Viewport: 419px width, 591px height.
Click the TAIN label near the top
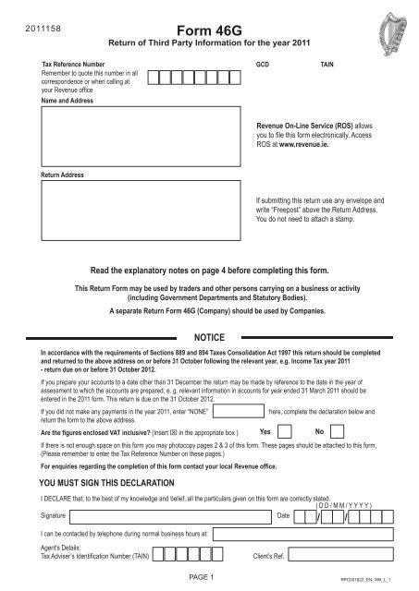point(328,67)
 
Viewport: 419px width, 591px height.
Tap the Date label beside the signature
point(283,513)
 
